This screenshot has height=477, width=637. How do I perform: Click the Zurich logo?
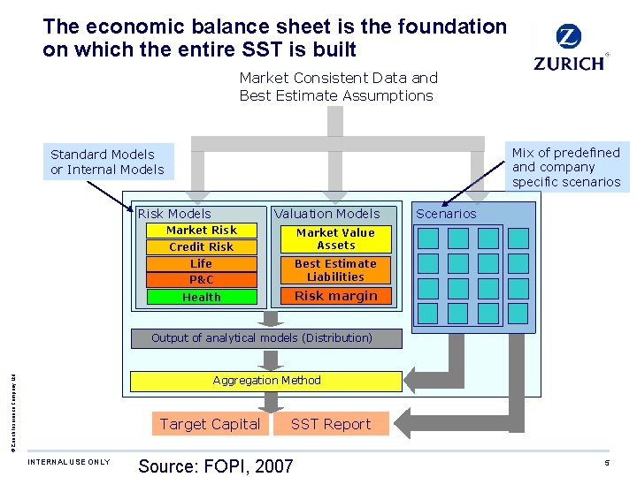tap(570, 48)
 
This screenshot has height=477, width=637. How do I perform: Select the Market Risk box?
tap(202, 231)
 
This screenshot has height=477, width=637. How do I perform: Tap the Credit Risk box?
tap(202, 247)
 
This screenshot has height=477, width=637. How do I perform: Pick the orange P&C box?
tap(202, 280)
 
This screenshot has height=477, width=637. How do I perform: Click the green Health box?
tap(202, 298)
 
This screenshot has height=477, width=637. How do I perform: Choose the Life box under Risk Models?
tap(202, 264)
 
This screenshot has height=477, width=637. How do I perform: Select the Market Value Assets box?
tap(335, 239)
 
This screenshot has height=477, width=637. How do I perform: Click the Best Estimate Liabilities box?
tap(335, 270)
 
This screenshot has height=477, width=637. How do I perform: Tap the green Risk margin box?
tap(335, 296)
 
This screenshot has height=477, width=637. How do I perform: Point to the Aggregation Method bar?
tap(267, 381)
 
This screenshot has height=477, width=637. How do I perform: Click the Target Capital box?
tap(210, 424)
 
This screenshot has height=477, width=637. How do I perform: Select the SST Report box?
tap(331, 424)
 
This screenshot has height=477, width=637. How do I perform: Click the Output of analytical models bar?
tap(262, 338)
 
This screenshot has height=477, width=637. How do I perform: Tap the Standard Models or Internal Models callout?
tap(107, 162)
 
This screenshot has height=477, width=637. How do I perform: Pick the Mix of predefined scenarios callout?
tap(566, 167)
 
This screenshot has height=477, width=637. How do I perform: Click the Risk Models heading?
tap(174, 214)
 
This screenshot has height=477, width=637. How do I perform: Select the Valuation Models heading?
tap(326, 214)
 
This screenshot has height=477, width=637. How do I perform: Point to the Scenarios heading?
tap(446, 214)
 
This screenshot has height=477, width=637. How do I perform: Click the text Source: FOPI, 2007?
tap(216, 466)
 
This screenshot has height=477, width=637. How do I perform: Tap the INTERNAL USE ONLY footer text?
tap(69, 462)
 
